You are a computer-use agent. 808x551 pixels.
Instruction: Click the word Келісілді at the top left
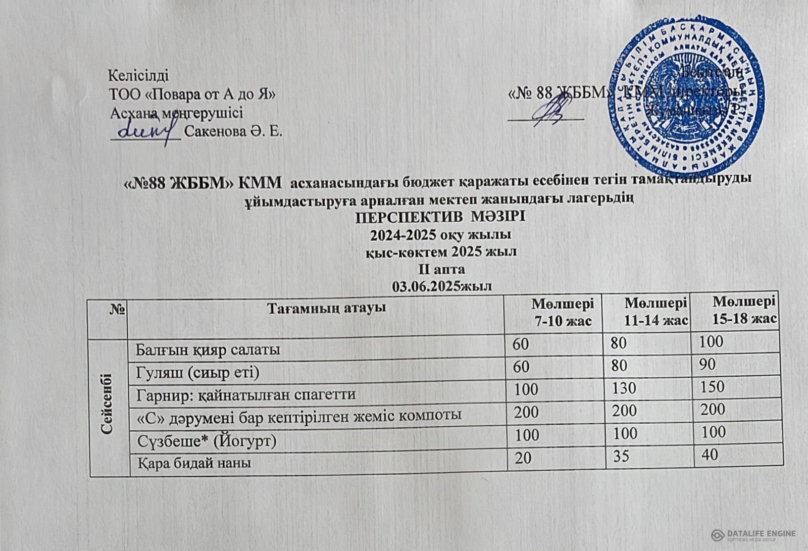(x=139, y=76)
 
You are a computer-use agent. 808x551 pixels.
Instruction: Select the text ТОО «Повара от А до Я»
(x=192, y=94)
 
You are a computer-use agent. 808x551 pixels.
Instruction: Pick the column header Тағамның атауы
(x=316, y=307)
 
